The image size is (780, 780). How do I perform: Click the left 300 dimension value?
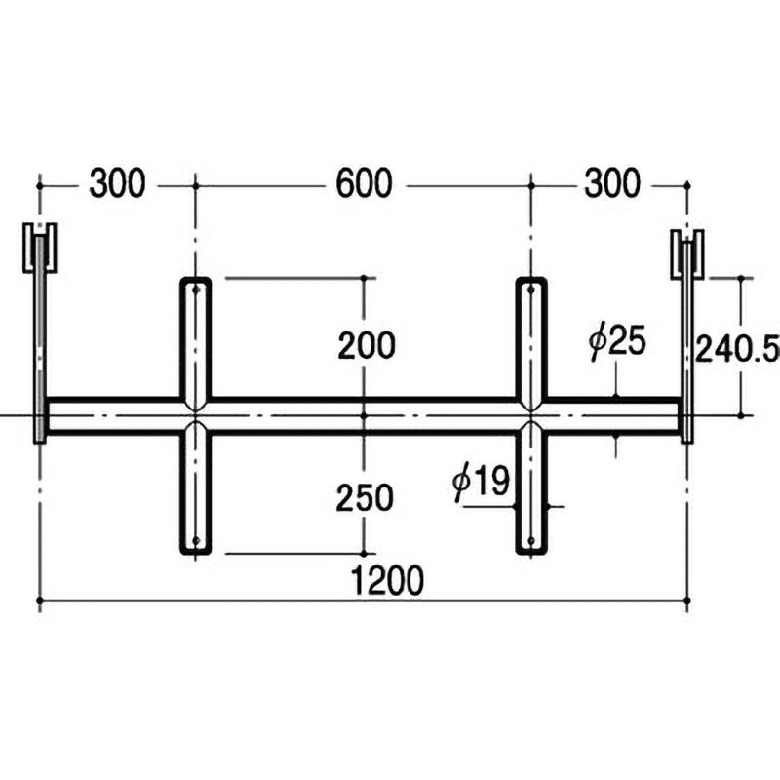click(117, 183)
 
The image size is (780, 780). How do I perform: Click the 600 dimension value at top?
click(364, 183)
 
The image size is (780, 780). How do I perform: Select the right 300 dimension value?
click(612, 183)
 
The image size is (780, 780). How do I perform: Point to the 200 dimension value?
click(366, 345)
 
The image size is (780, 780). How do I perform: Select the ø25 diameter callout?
click(617, 343)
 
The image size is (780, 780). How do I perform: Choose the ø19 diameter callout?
click(483, 482)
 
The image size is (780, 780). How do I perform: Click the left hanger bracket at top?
click(40, 250)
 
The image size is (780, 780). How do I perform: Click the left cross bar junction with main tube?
click(195, 416)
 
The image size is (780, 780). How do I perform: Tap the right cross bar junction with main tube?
click(530, 416)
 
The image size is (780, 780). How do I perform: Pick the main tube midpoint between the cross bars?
click(363, 416)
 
